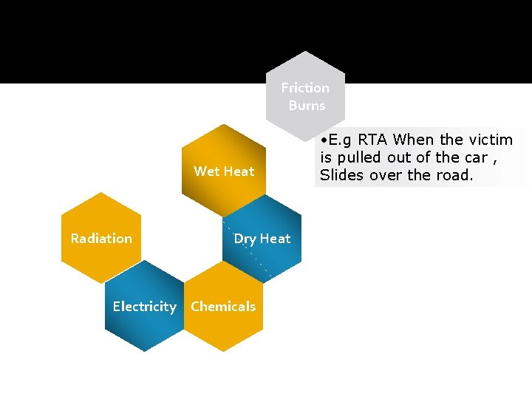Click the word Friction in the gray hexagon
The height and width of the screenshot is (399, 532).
pyautogui.click(x=305, y=87)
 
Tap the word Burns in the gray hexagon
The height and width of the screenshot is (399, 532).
pyautogui.click(x=307, y=106)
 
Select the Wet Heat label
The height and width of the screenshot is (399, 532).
pyautogui.click(x=224, y=171)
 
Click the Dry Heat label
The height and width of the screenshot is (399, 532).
pyautogui.click(x=262, y=239)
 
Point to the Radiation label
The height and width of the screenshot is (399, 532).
pyautogui.click(x=101, y=239)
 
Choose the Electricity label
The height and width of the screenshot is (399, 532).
pyautogui.click(x=144, y=307)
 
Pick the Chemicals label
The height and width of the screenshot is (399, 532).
pyautogui.click(x=223, y=307)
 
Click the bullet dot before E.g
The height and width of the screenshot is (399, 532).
pyautogui.click(x=324, y=140)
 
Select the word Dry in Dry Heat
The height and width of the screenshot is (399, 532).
pyautogui.click(x=244, y=239)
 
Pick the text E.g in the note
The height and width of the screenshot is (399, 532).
pyautogui.click(x=341, y=140)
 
